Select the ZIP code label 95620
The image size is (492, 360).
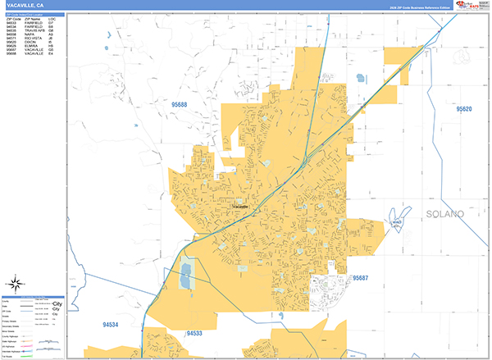[465, 109]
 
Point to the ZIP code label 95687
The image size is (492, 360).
[362, 279]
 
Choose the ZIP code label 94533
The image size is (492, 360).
[194, 333]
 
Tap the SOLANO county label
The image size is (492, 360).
[444, 214]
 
